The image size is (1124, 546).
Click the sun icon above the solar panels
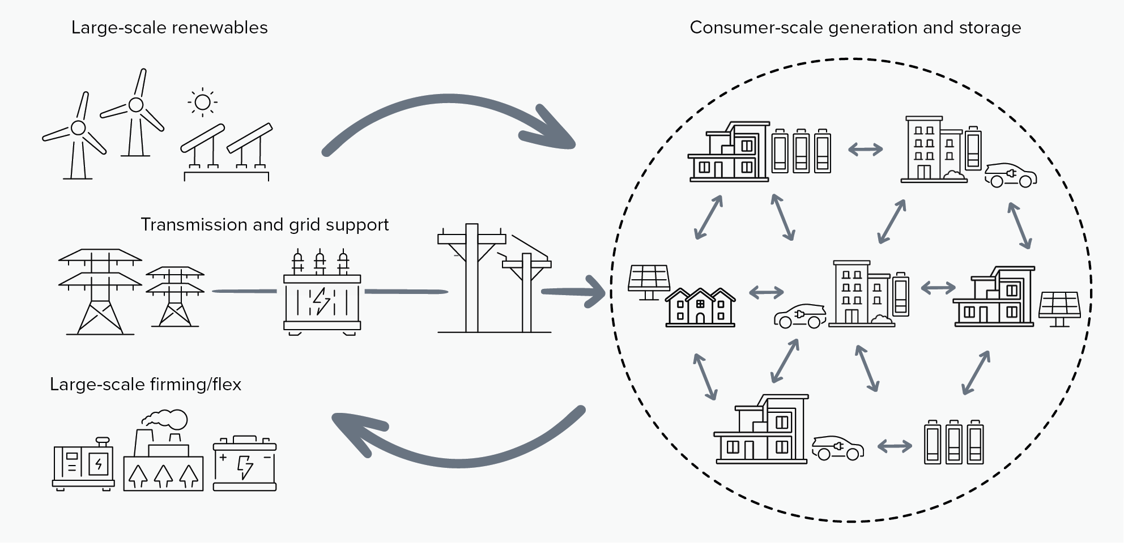[x=202, y=103]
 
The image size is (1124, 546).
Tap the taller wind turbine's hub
[x=136, y=105]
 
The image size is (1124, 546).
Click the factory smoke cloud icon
[x=165, y=419]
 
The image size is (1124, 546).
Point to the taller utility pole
[x=471, y=278]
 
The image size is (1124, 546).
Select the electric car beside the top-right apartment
[x=1011, y=175]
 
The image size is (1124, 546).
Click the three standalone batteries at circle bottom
[x=953, y=442]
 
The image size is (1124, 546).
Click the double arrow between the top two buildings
[x=865, y=150]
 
